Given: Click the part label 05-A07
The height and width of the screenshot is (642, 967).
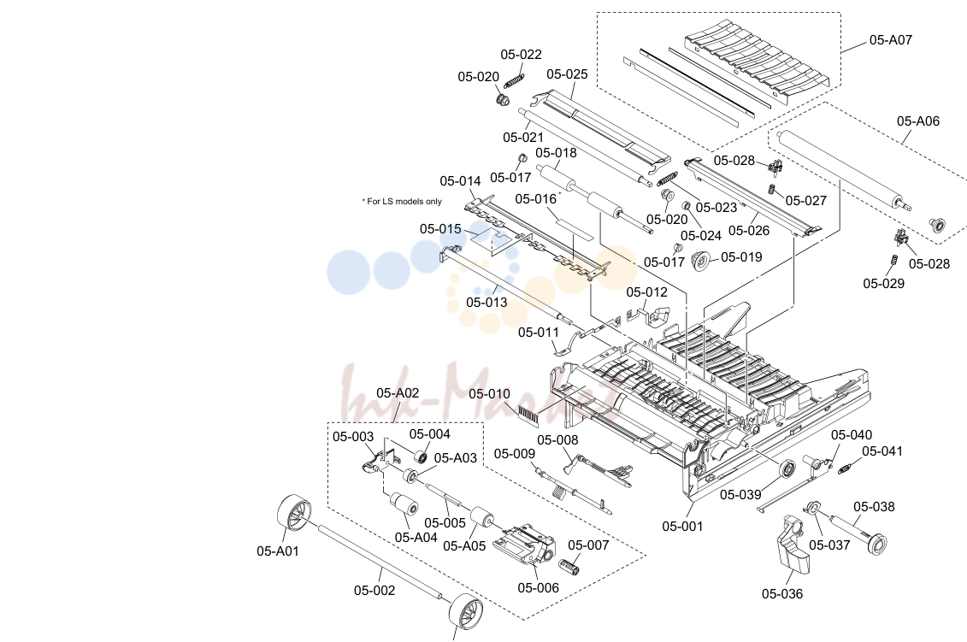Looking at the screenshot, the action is pos(890,40).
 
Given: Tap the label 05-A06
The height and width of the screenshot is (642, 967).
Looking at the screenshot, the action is pos(917,121).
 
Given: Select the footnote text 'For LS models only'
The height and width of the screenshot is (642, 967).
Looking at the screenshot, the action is pos(404,201).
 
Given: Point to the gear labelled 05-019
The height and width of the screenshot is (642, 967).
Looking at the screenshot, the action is pos(700,260).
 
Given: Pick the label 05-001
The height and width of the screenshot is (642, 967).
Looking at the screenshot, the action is pos(682,526).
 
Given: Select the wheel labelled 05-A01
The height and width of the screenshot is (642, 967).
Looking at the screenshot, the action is pos(293,513).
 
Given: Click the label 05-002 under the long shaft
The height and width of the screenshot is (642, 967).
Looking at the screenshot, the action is pos(374,590).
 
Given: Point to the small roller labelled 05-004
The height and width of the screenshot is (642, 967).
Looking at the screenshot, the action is pos(421,458).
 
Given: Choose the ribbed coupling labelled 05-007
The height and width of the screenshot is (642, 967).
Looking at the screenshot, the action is pos(570,566).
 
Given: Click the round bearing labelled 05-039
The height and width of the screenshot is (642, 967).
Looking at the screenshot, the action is pos(787,468).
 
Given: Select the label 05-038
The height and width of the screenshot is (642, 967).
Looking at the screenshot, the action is pos(874,507).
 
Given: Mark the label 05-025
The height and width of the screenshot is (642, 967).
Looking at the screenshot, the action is pos(567,74).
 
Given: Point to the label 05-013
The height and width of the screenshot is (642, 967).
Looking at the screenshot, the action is pos(486,302).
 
